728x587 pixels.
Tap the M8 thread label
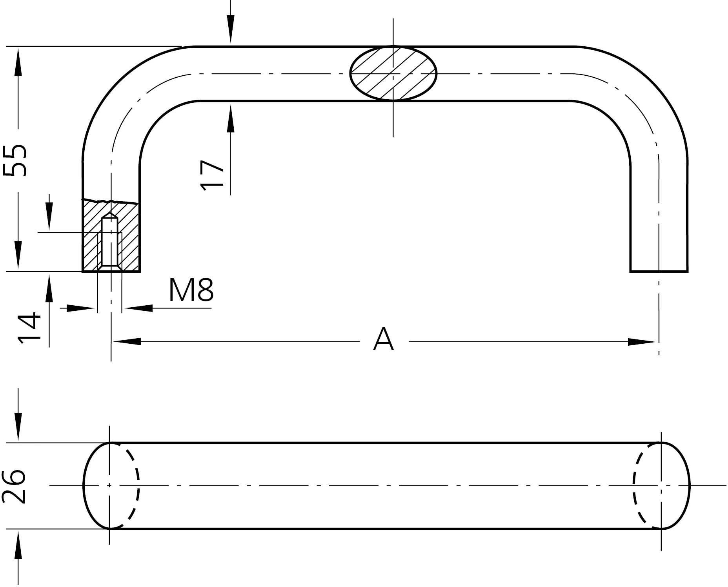coord(191,290)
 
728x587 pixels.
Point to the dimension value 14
coord(29,328)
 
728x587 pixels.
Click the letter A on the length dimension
coord(383,339)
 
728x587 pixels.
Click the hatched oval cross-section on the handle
coord(393,73)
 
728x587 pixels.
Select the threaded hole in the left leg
coord(110,242)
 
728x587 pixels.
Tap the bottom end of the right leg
coord(659,271)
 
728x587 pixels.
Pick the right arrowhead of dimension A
coord(642,341)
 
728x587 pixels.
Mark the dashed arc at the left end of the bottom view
coord(130,486)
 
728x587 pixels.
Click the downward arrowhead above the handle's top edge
coord(231,29)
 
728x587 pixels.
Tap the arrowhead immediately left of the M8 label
coord(138,308)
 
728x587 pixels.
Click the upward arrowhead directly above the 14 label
coord(49,288)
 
